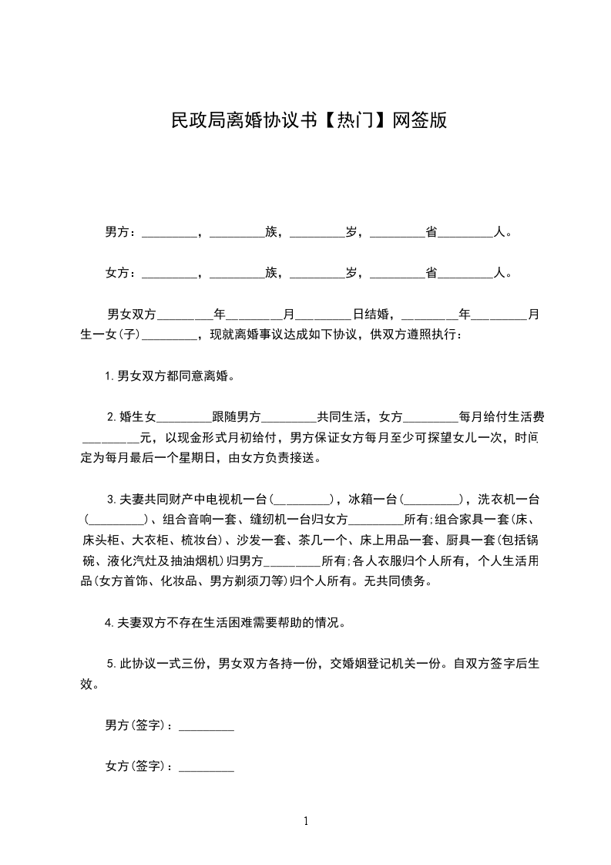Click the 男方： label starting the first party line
[x=121, y=231]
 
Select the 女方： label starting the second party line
[x=121, y=273]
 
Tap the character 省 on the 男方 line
[x=431, y=231]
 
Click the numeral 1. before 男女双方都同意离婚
[x=109, y=377]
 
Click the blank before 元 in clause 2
[x=110, y=439]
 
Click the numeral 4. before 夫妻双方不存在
[x=109, y=621]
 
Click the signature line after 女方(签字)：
[x=206, y=768]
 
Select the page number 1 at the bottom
[x=306, y=821]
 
